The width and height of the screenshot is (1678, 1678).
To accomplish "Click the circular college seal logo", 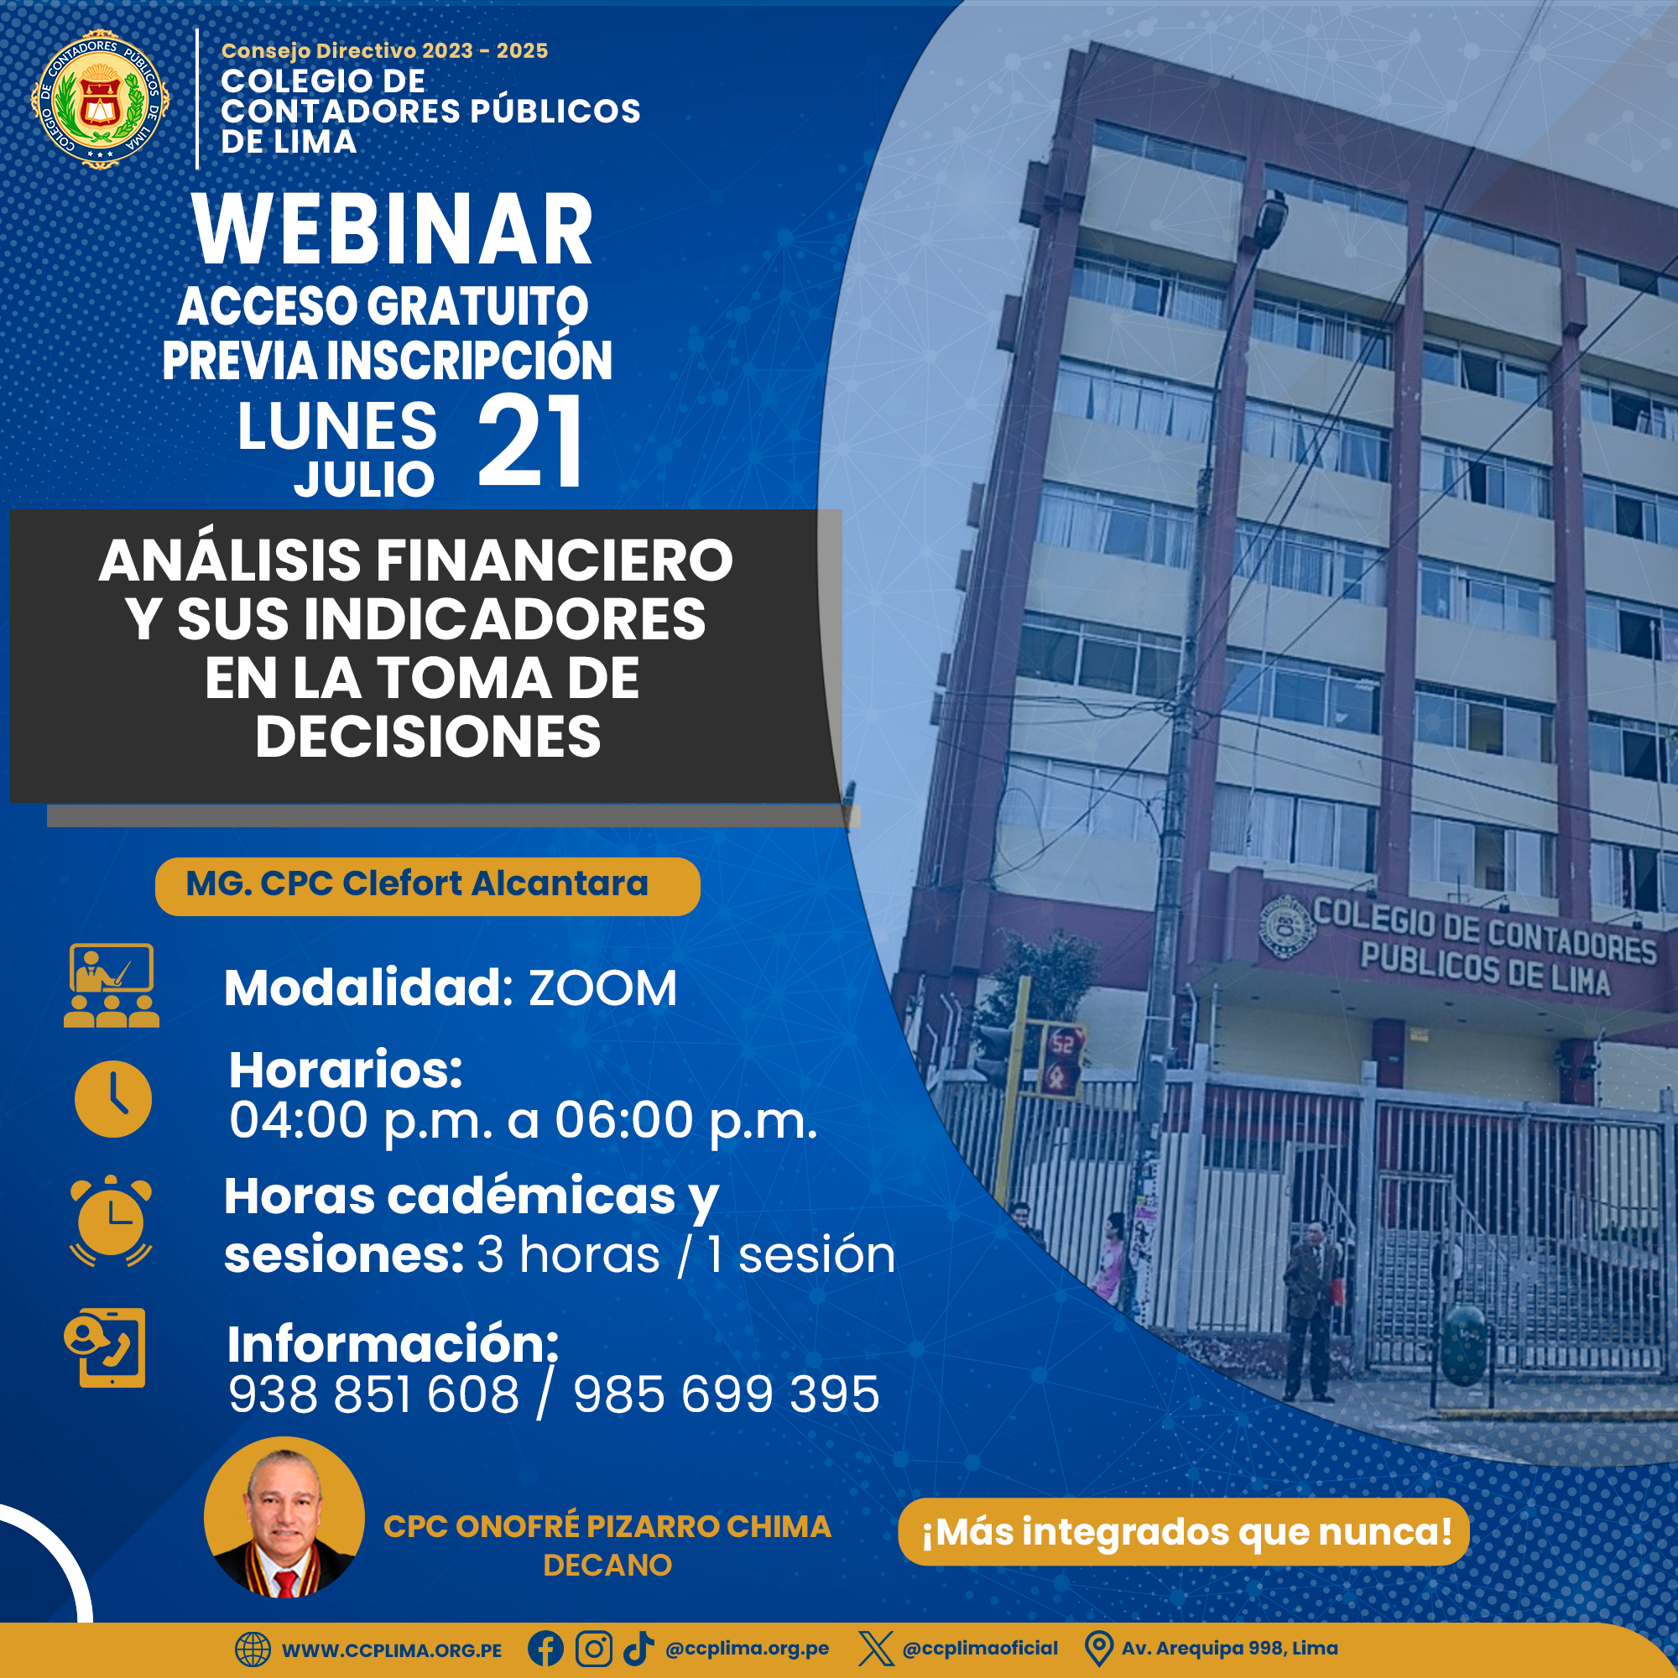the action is pyautogui.click(x=100, y=99).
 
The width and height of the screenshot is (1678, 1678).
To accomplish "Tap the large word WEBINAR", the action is pyautogui.click(x=393, y=230).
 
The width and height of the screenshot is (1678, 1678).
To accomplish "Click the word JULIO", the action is pyautogui.click(x=364, y=479).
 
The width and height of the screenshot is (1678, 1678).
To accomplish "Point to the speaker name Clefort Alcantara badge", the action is pyautogui.click(x=427, y=886).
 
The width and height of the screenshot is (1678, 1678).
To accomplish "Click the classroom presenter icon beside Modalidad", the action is pyautogui.click(x=112, y=985).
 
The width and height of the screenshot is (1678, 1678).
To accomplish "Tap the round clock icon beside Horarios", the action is pyautogui.click(x=113, y=1099).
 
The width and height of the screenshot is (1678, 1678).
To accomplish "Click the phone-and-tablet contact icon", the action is pyautogui.click(x=105, y=1347).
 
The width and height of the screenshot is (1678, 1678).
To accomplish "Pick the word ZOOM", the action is pyautogui.click(x=602, y=988).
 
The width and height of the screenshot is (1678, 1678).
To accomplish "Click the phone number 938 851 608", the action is pyautogui.click(x=373, y=1395).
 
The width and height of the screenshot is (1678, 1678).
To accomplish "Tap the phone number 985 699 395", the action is pyautogui.click(x=726, y=1395).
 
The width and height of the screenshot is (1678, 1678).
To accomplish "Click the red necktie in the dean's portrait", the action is pyautogui.click(x=286, y=1583).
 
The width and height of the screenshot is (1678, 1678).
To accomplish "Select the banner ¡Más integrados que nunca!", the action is pyautogui.click(x=1183, y=1532).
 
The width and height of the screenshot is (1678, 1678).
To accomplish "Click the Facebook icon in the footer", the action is pyautogui.click(x=545, y=1649).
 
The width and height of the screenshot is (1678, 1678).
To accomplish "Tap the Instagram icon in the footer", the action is pyautogui.click(x=594, y=1649).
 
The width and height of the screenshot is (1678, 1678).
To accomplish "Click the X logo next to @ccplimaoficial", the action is pyautogui.click(x=875, y=1649).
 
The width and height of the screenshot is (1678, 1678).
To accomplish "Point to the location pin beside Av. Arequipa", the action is pyautogui.click(x=1099, y=1649).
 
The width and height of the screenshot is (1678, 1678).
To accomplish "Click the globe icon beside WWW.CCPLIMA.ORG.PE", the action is pyautogui.click(x=253, y=1649).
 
